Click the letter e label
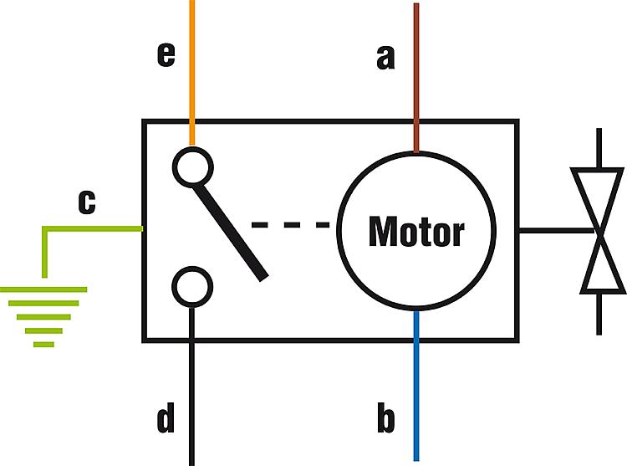coord(166,55)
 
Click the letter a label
coord(385,58)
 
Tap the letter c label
coord(87,202)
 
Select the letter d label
coord(166,417)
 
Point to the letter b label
coord(386,417)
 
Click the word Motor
coord(416,231)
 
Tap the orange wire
coord(192,73)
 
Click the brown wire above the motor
coord(416,78)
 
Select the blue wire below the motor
coord(416,386)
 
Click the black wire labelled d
coord(192,386)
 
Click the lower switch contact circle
coord(192,287)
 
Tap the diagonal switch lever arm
coord(230,233)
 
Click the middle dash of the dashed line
coord(292,225)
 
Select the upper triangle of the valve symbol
coord(598,199)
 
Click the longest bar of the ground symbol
coord(43,289)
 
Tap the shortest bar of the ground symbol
coord(43,345)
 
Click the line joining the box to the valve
coord(557,231)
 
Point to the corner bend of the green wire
coord(45,228)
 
